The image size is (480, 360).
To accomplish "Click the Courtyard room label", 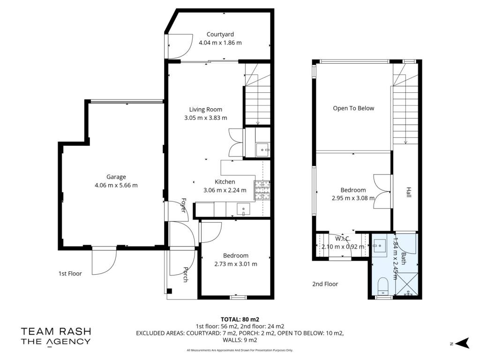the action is coord(220,34).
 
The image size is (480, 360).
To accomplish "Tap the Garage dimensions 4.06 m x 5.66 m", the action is coord(116,185).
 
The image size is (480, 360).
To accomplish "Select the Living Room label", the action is coord(205,110).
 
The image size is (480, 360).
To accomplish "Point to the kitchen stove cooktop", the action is coord(262,190).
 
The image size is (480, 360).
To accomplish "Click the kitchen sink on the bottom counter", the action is coord(243,210).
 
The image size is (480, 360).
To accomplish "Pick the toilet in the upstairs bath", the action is coord(383,285).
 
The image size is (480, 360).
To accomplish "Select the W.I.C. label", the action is coord(343,239).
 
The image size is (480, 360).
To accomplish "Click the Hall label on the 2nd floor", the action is coord(409,192).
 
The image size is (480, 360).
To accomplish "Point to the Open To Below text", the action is coord(353,108).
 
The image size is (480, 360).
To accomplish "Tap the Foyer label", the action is coord(184,205).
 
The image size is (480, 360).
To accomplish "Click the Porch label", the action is coord(186,274).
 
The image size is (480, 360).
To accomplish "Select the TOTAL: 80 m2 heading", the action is coord(240,320).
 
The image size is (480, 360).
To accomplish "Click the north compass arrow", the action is coord(463,343).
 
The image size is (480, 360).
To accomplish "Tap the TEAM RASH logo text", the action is coord(56,331).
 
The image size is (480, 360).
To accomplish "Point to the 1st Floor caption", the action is coord(70,274).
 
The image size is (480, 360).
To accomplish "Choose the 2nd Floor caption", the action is coord(325,284).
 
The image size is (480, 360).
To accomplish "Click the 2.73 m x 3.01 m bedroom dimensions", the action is coord(236,264).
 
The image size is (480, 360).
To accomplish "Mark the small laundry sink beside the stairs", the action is coord(262,150).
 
